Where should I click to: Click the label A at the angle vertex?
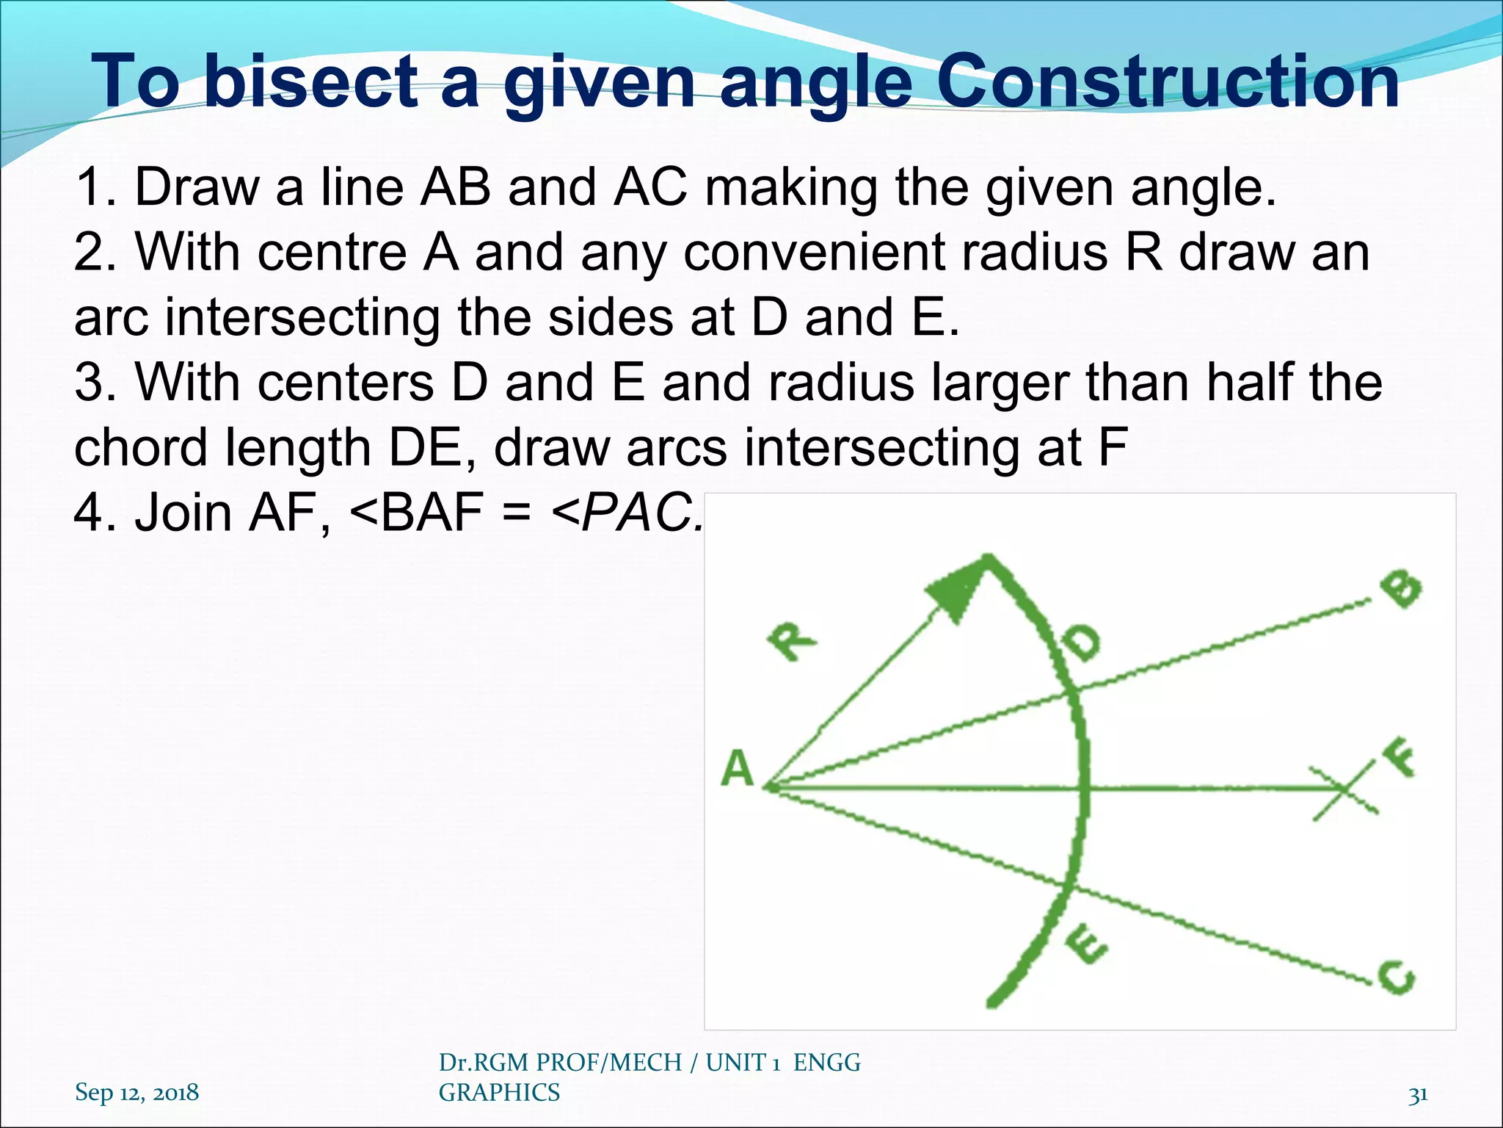[x=737, y=770]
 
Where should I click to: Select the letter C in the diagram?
[x=1396, y=977]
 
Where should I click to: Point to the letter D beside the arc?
[x=1082, y=643]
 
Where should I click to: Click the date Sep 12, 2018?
[x=137, y=1092]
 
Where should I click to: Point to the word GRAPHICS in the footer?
[x=499, y=1093]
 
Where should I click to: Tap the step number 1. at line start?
[x=96, y=187]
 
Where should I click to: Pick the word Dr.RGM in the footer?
[x=485, y=1062]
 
